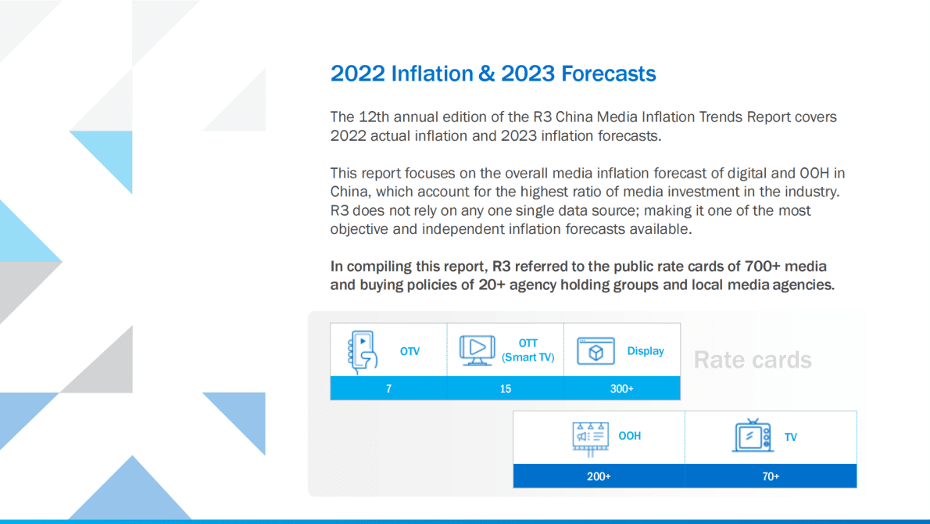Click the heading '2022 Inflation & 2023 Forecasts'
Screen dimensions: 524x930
pos(493,74)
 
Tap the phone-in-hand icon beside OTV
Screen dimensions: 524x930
pos(362,350)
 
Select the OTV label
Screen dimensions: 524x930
pos(410,351)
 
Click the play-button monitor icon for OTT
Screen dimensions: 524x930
pos(476,350)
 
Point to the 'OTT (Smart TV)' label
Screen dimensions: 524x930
pos(528,350)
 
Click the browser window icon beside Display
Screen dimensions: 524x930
pos(596,351)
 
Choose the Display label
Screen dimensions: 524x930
pos(646,351)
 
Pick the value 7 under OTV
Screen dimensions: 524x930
pos(388,389)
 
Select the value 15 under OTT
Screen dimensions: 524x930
pos(505,389)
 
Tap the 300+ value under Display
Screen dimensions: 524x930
pos(621,389)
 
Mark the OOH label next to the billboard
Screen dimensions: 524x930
pos(630,436)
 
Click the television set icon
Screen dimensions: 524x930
pos(753,436)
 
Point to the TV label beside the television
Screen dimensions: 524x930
pos(791,437)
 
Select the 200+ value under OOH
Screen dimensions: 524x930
pos(599,476)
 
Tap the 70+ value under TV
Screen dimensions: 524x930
pos(771,476)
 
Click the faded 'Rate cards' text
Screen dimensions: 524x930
pos(753,360)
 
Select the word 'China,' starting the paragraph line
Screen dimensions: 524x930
pos(349,192)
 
